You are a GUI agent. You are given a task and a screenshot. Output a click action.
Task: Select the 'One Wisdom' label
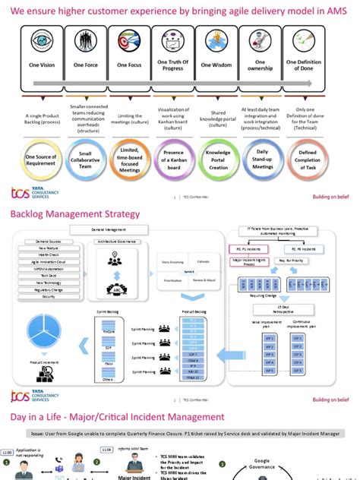click(x=216, y=65)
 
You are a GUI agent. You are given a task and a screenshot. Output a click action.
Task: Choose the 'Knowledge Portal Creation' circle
click(x=217, y=158)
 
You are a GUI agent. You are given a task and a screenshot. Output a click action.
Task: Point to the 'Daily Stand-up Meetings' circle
click(x=261, y=158)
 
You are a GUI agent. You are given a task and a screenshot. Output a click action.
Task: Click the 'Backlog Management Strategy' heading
click(x=75, y=214)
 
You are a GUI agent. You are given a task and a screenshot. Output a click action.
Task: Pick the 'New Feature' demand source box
click(x=49, y=248)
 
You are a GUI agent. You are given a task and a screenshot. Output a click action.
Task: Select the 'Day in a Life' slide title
click(x=118, y=417)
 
